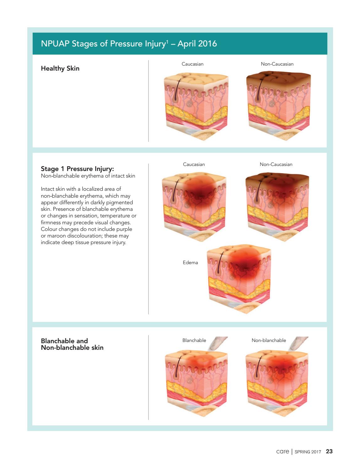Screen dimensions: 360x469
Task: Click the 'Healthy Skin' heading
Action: point(60,68)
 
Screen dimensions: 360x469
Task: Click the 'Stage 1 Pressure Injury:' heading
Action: point(77,168)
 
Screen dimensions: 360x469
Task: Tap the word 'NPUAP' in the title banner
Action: point(55,44)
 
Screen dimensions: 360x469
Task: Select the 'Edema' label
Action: point(190,263)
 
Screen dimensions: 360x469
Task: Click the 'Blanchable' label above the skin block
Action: point(194,340)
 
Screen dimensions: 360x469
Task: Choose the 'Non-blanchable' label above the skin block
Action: point(269,340)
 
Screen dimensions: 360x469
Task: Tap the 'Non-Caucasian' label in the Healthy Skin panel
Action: point(277,64)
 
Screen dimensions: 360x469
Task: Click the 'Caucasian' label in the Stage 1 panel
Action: point(194,164)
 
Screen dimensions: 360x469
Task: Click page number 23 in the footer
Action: point(329,451)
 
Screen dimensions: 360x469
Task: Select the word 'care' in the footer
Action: point(282,451)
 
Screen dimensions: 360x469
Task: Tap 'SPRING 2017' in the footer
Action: point(308,452)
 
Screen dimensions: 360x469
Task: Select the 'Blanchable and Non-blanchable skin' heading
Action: point(72,344)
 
